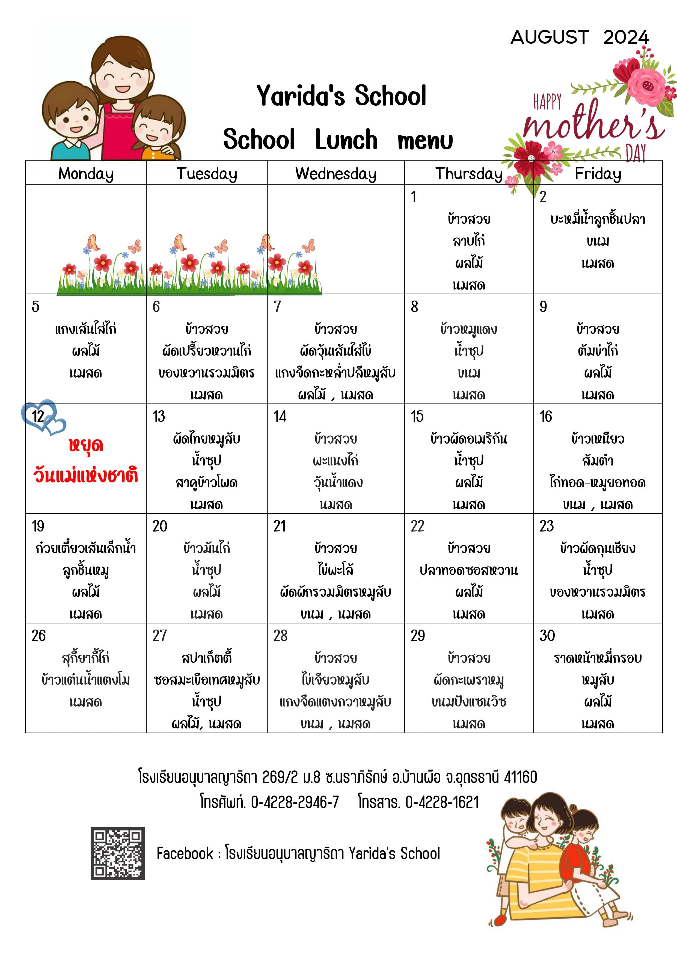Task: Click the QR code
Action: [118, 853]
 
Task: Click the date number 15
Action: [417, 416]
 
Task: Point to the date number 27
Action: [159, 636]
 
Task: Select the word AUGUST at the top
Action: [549, 38]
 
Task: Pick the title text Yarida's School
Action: [341, 96]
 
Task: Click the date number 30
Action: [547, 636]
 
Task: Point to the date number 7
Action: [277, 307]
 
